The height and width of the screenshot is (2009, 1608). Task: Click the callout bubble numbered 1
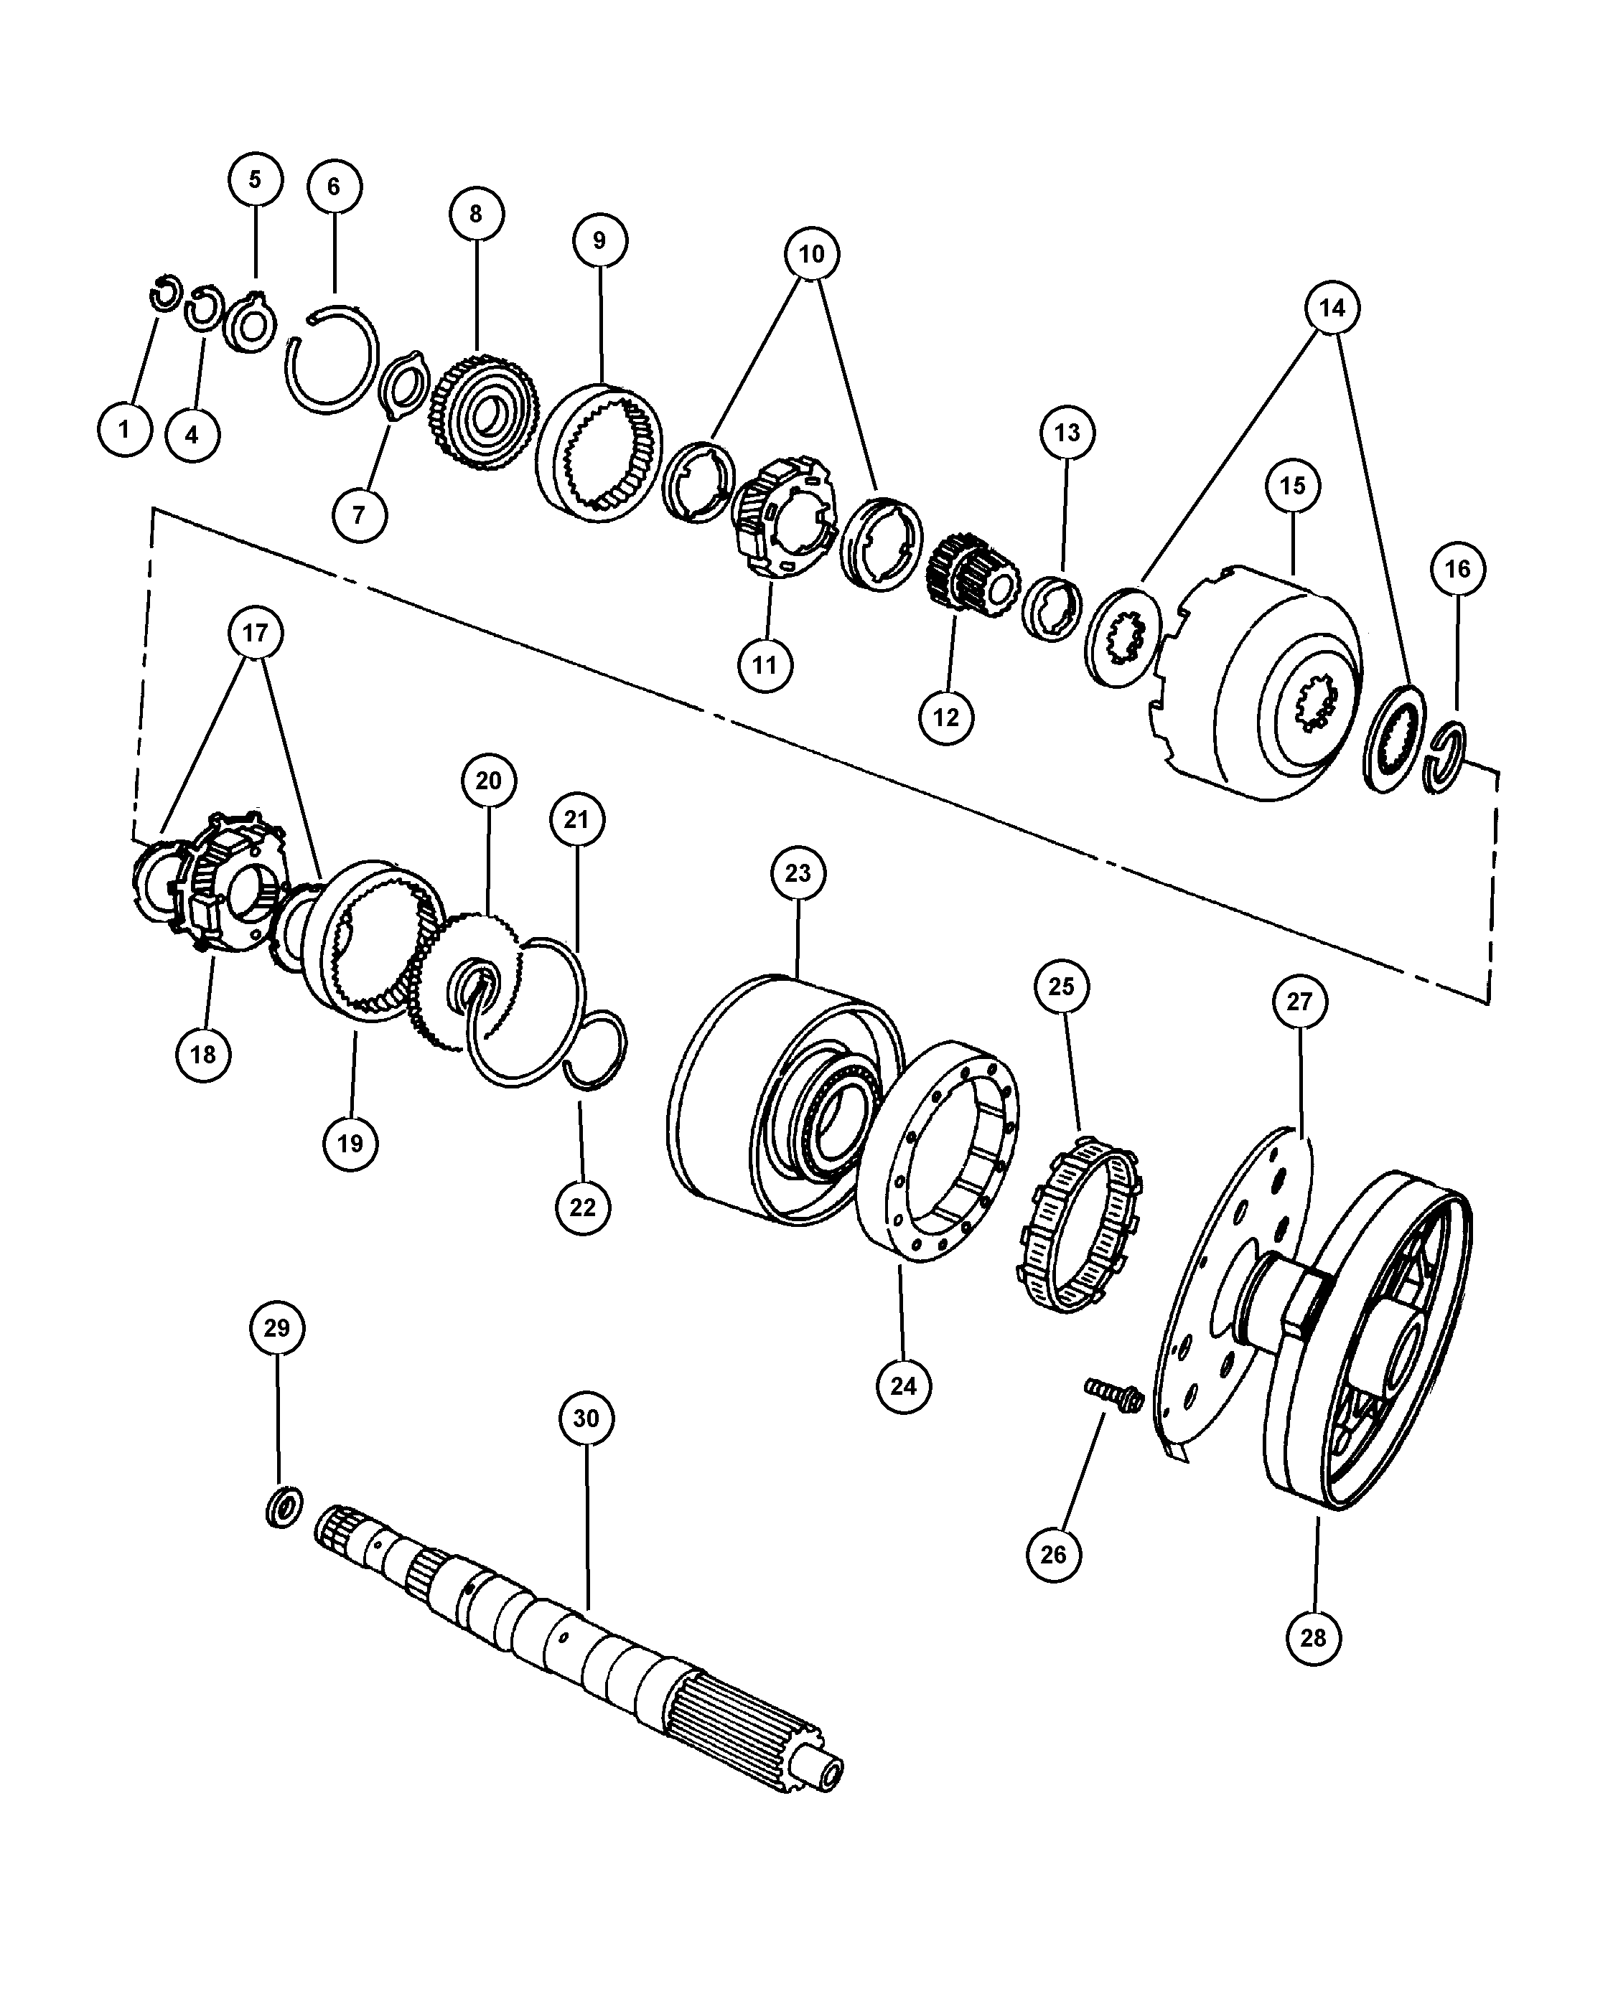coord(124,430)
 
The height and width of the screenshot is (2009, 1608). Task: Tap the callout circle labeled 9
coord(599,240)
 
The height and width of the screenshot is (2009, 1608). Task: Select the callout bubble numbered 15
coord(1293,486)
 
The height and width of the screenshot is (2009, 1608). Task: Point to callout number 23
coord(798,873)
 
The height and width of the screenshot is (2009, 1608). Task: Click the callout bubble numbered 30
coord(585,1418)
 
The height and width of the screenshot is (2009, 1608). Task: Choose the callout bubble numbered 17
coord(255,634)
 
